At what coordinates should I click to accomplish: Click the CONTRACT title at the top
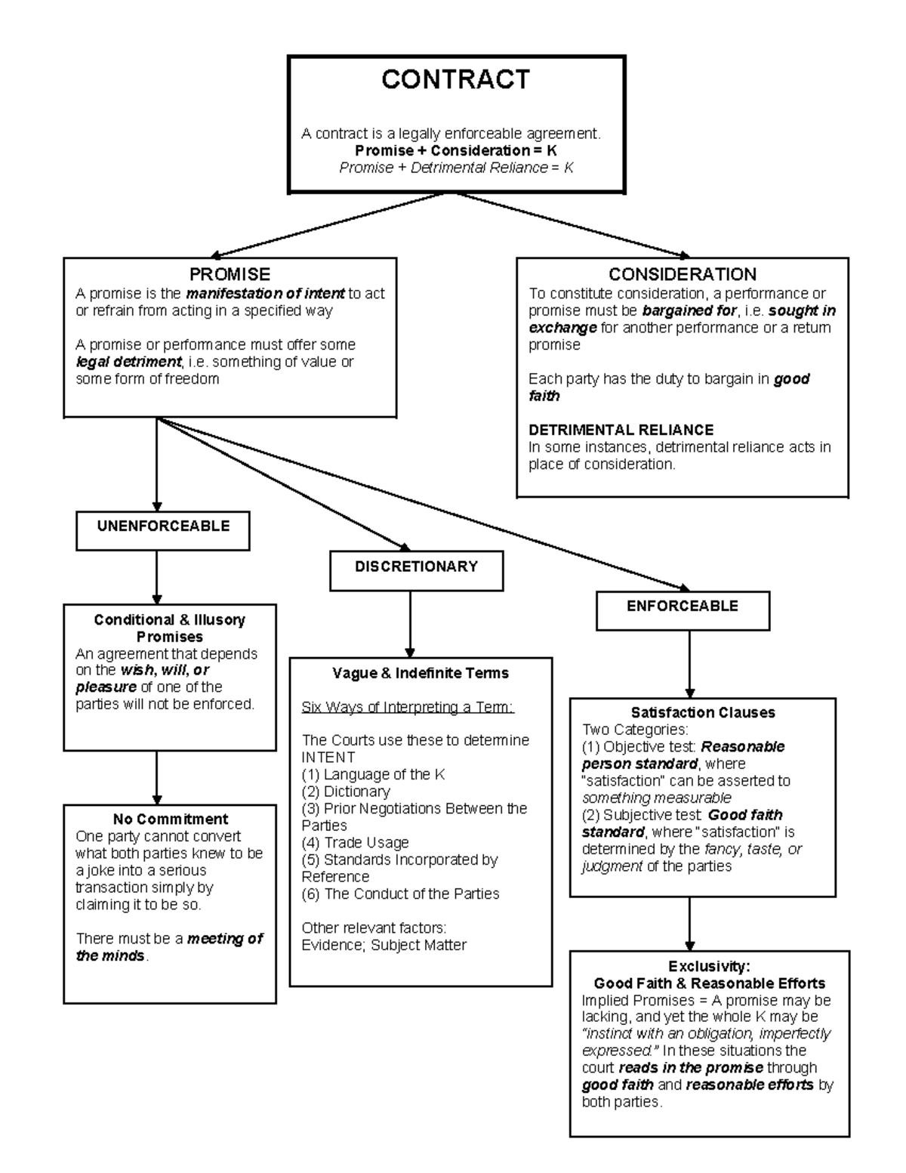point(455,79)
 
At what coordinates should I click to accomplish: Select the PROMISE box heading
point(230,274)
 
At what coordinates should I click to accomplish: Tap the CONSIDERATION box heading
point(682,274)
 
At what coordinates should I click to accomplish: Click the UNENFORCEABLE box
point(163,526)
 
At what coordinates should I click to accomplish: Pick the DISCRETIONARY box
point(416,566)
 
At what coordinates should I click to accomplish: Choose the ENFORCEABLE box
point(683,607)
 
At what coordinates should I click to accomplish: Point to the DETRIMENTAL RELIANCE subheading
point(621,430)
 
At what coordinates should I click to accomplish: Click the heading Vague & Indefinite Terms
point(421,673)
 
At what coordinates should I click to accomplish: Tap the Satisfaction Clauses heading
point(703,712)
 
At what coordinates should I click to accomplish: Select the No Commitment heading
point(170,819)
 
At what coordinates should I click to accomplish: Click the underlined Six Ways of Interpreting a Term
point(407,707)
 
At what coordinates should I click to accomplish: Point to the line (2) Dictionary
point(346,792)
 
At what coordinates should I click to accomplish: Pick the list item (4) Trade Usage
point(355,842)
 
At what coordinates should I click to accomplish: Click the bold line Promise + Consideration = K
point(456,150)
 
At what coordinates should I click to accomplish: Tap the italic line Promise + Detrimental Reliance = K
point(456,168)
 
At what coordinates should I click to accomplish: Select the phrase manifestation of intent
point(265,293)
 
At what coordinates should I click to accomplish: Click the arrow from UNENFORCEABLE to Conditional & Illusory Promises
point(157,577)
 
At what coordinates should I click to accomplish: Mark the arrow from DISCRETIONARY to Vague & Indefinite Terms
point(411,624)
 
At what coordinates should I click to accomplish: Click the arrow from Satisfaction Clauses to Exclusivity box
point(689,923)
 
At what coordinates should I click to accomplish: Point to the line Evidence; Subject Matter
point(384,945)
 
